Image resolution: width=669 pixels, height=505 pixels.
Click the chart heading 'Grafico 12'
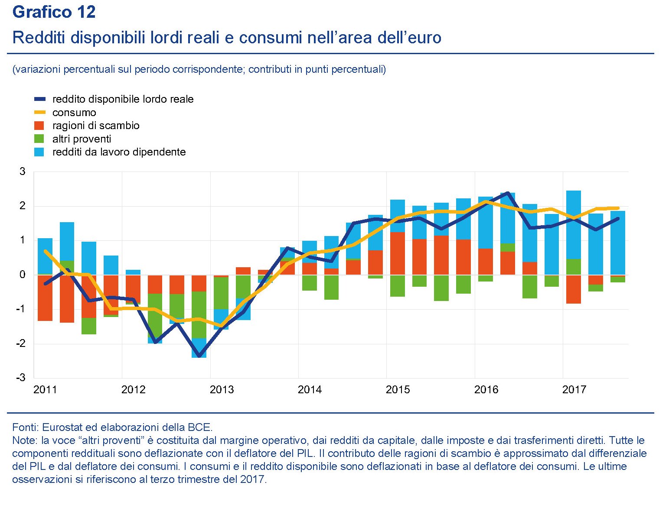tap(54, 12)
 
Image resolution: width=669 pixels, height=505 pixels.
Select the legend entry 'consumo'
tap(74, 113)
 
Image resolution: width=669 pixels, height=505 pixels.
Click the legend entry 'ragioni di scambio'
tap(96, 126)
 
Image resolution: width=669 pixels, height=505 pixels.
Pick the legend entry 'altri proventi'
tap(82, 139)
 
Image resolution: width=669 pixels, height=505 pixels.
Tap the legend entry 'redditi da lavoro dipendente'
tap(119, 152)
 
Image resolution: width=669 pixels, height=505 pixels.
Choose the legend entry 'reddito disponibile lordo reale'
tap(123, 99)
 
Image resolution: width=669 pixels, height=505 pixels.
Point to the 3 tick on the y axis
tap(23, 172)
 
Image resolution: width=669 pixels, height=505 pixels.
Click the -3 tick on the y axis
tap(21, 378)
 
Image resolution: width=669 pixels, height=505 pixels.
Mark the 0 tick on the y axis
tap(23, 275)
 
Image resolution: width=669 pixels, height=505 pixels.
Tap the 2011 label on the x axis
tap(45, 390)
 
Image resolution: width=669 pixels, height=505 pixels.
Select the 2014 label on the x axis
tap(310, 390)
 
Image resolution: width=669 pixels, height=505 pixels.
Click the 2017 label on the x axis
tap(574, 390)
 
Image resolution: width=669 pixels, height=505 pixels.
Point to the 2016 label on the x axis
tap(486, 390)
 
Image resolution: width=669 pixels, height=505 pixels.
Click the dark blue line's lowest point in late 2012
tap(199, 356)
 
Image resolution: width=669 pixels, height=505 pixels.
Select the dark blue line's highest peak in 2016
tap(508, 193)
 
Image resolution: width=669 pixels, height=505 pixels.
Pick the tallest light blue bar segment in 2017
tap(574, 225)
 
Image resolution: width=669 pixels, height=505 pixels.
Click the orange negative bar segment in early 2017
tap(574, 289)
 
